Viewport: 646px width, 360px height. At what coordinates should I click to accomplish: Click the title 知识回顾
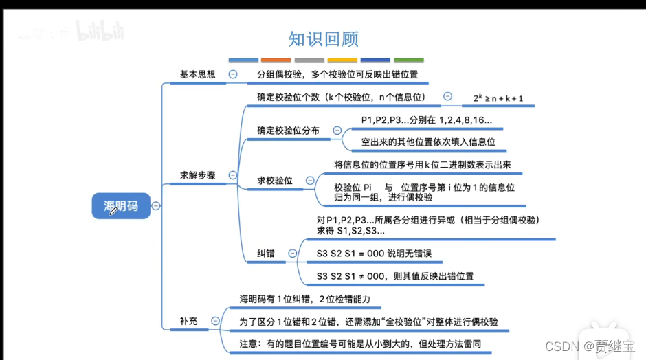323,38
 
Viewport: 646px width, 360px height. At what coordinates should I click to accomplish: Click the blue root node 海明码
121,205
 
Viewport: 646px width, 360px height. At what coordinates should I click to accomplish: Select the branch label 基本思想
197,74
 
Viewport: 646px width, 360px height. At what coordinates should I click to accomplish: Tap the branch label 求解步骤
197,175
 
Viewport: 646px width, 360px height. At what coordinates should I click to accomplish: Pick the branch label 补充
189,320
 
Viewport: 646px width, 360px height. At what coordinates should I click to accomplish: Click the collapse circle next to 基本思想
233,74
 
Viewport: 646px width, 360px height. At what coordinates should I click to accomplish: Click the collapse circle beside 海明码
156,205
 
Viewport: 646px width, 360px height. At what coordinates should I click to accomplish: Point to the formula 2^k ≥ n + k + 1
498,98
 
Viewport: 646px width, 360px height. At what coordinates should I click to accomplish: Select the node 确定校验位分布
288,131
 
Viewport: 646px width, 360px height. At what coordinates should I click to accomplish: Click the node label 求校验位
275,181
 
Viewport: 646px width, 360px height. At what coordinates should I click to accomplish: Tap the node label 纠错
265,254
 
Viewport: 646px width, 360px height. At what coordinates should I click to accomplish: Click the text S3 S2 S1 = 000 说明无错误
374,254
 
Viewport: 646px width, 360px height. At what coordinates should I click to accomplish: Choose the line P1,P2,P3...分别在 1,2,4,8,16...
426,120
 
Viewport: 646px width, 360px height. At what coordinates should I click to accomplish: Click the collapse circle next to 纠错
292,254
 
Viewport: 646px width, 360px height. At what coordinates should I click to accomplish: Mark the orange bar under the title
276,60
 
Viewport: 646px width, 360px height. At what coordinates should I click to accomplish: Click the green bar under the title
408,60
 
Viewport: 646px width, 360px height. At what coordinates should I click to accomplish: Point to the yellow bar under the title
342,60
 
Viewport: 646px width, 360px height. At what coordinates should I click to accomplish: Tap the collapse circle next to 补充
216,321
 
